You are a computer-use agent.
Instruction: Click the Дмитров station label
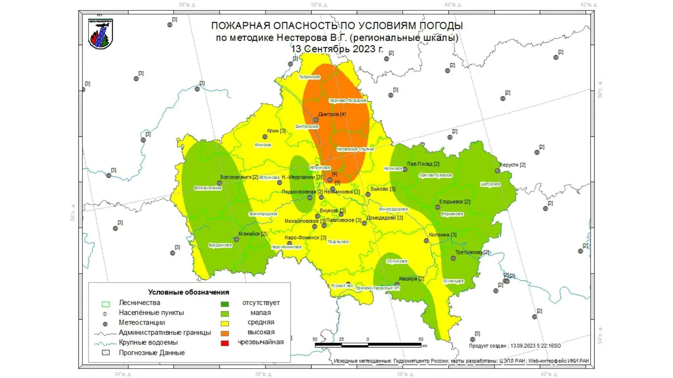(x=332, y=114)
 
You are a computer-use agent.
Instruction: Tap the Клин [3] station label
(x=276, y=131)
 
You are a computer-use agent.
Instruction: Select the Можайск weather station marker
(x=237, y=239)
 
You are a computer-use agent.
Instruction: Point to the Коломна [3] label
(x=443, y=235)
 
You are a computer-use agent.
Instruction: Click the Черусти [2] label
(x=512, y=165)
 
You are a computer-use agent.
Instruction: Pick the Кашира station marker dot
(x=397, y=285)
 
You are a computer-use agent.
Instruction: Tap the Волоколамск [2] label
(x=239, y=177)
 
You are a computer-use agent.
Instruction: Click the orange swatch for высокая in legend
(x=225, y=334)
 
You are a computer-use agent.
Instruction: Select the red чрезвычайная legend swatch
(x=225, y=343)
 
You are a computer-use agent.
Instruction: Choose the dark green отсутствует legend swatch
(x=225, y=304)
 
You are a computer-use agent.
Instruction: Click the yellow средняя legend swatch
(x=225, y=324)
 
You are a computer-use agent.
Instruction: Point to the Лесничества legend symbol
(x=106, y=304)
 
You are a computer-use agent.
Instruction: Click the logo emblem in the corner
(x=101, y=34)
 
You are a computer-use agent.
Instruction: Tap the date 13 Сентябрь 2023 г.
(x=337, y=49)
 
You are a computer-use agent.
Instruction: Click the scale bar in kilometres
(x=368, y=345)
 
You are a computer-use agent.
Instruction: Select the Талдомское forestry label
(x=309, y=77)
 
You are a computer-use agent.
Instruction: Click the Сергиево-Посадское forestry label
(x=348, y=100)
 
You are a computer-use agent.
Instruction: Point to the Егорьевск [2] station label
(x=455, y=202)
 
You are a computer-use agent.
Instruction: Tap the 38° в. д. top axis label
(x=319, y=5)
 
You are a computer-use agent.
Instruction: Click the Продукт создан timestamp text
(x=515, y=346)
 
